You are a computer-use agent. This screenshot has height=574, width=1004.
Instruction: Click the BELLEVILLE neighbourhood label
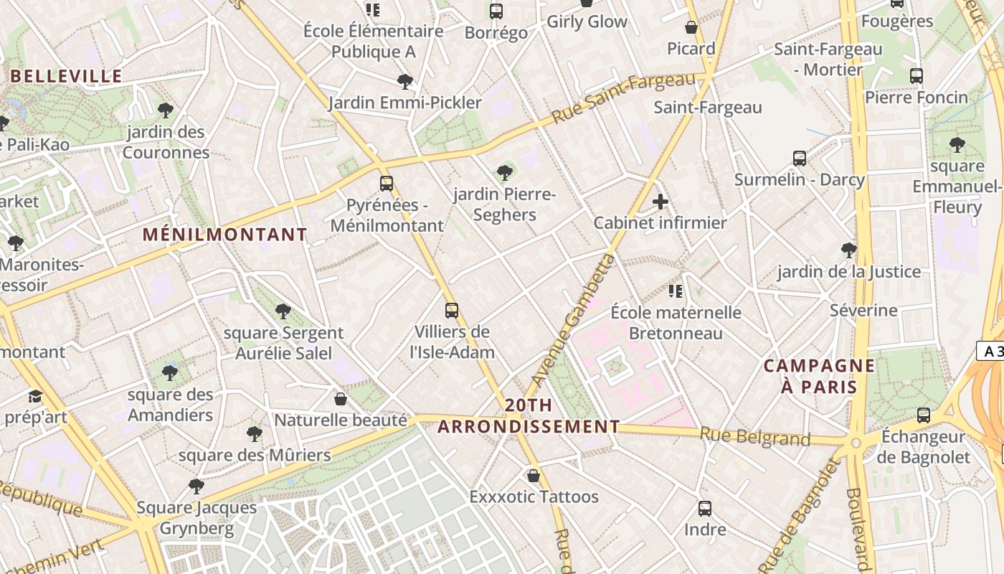coord(67,76)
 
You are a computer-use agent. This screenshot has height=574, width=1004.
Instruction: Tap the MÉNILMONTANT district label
coord(224,235)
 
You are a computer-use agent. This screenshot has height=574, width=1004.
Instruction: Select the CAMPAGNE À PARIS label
coord(819,376)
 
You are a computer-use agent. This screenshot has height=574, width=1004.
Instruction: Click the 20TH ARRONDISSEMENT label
coord(529,416)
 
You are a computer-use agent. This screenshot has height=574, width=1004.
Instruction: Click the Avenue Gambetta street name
coord(574,320)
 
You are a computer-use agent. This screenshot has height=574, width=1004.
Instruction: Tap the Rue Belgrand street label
coord(754,436)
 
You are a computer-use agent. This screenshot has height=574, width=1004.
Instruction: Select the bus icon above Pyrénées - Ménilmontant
coord(387,184)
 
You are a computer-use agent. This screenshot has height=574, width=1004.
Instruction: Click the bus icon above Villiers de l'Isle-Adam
coord(452,310)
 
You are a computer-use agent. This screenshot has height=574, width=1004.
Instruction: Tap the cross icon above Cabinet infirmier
coord(660,202)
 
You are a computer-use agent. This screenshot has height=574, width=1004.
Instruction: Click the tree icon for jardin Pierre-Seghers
coord(505,172)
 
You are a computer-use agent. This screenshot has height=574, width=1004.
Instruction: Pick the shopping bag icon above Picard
coord(691,27)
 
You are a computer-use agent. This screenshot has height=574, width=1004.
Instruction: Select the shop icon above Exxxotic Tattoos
coord(533,475)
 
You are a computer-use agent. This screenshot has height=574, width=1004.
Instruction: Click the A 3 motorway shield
coord(990,352)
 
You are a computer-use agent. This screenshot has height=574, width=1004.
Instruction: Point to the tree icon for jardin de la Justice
coord(849,250)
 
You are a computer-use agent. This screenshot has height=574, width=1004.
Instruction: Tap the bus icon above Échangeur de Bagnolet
coord(924,415)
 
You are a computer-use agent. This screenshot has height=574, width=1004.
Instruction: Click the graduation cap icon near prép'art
coord(35,397)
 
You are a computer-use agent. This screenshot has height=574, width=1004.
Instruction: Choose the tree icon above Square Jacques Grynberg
coord(196,486)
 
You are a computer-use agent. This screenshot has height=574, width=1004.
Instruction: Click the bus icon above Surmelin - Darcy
coord(800,159)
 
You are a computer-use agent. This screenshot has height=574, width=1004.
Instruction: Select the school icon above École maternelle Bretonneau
coord(676,291)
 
